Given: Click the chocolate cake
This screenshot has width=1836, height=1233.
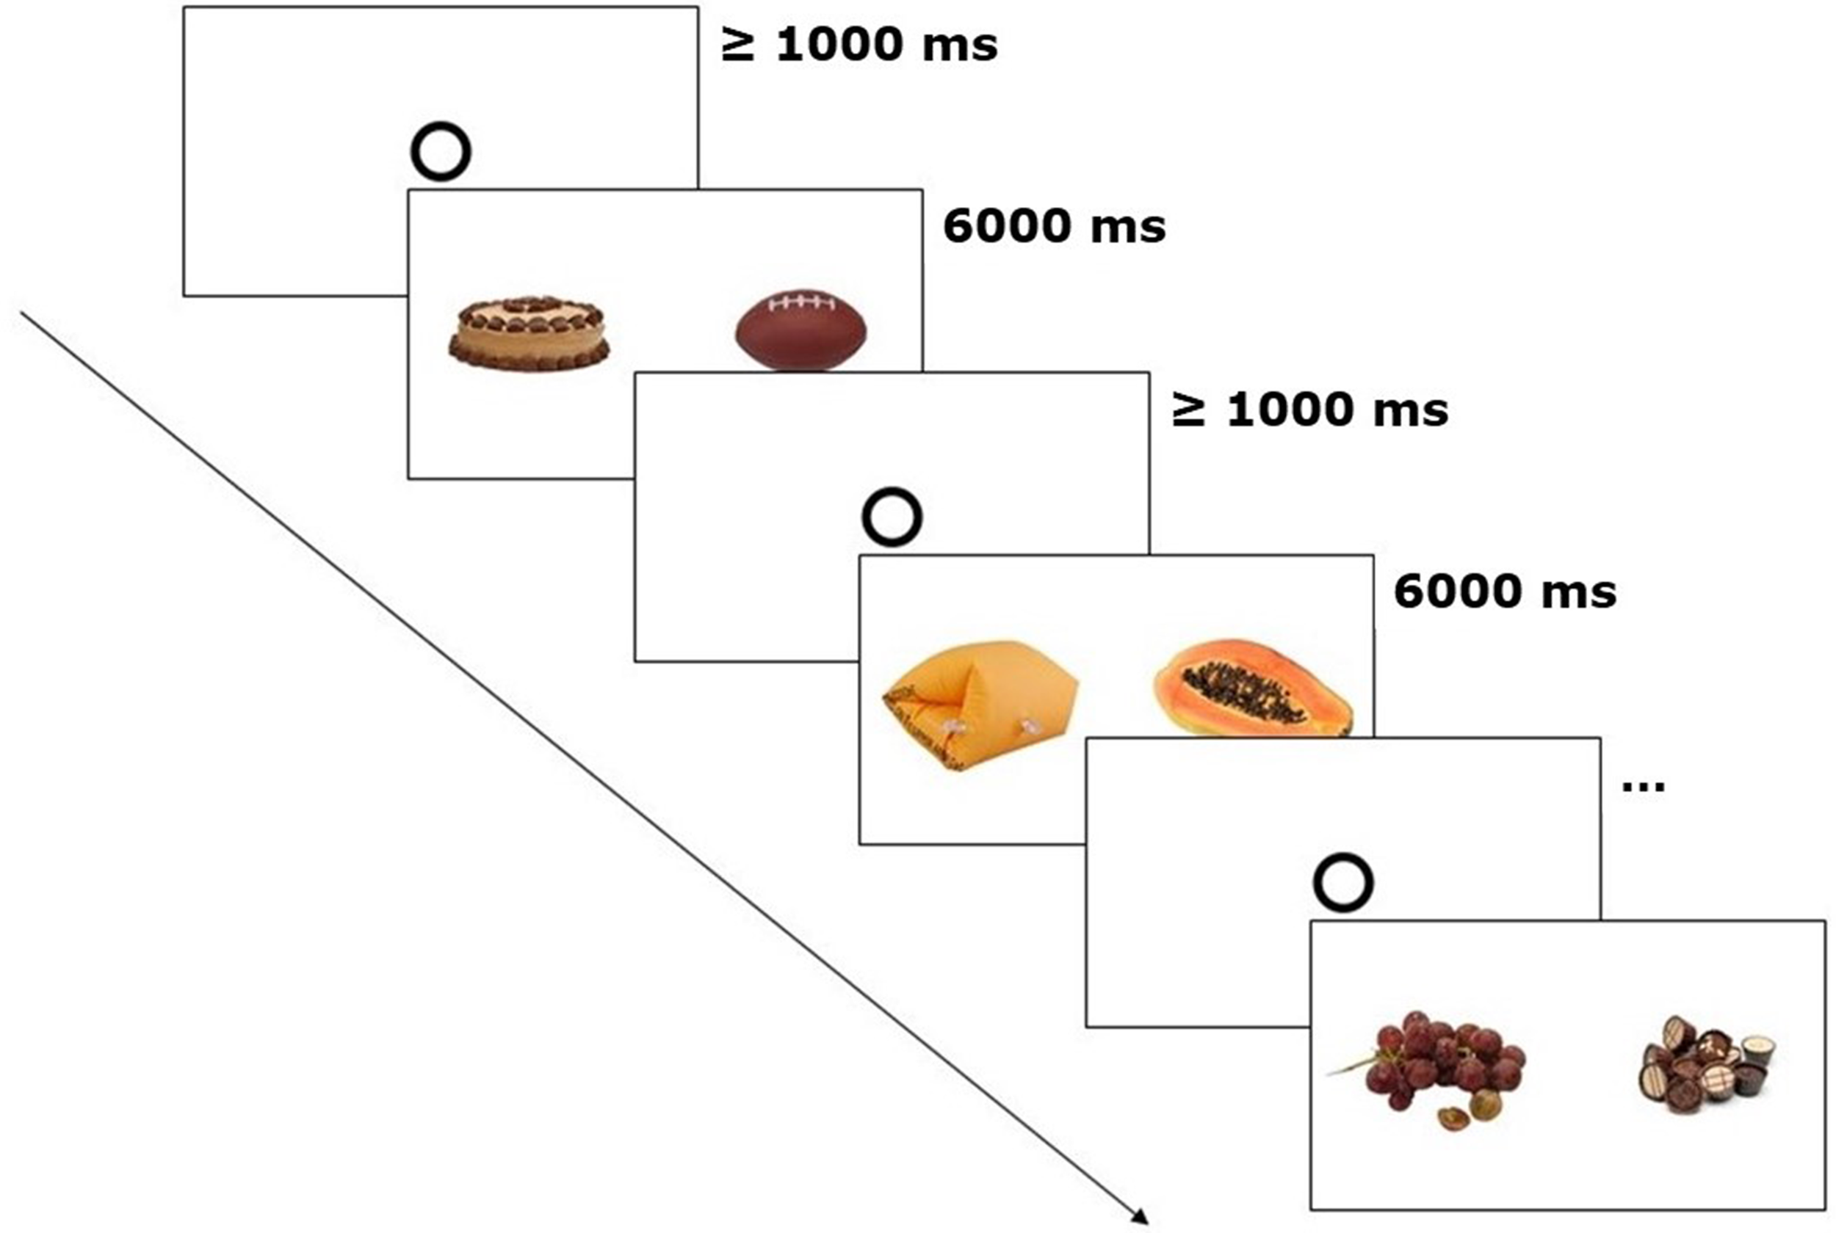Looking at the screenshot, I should [529, 333].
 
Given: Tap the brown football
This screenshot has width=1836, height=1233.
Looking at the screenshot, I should [800, 330].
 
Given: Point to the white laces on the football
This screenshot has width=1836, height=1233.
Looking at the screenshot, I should [800, 302].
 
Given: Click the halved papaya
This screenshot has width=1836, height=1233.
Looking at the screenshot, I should [1252, 687].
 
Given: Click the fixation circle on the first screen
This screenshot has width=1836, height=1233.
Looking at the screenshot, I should [441, 151].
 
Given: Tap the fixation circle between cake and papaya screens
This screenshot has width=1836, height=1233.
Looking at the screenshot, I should [892, 517].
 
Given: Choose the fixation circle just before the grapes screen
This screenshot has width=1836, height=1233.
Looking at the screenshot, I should [1343, 882].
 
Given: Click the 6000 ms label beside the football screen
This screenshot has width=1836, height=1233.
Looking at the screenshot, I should [1054, 227].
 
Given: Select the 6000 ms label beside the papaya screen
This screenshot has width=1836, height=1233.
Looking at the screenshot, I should [1505, 592].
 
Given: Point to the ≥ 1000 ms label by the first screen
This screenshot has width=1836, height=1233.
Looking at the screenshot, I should [859, 45].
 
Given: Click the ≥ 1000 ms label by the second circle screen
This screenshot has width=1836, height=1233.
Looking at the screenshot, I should [1309, 410].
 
